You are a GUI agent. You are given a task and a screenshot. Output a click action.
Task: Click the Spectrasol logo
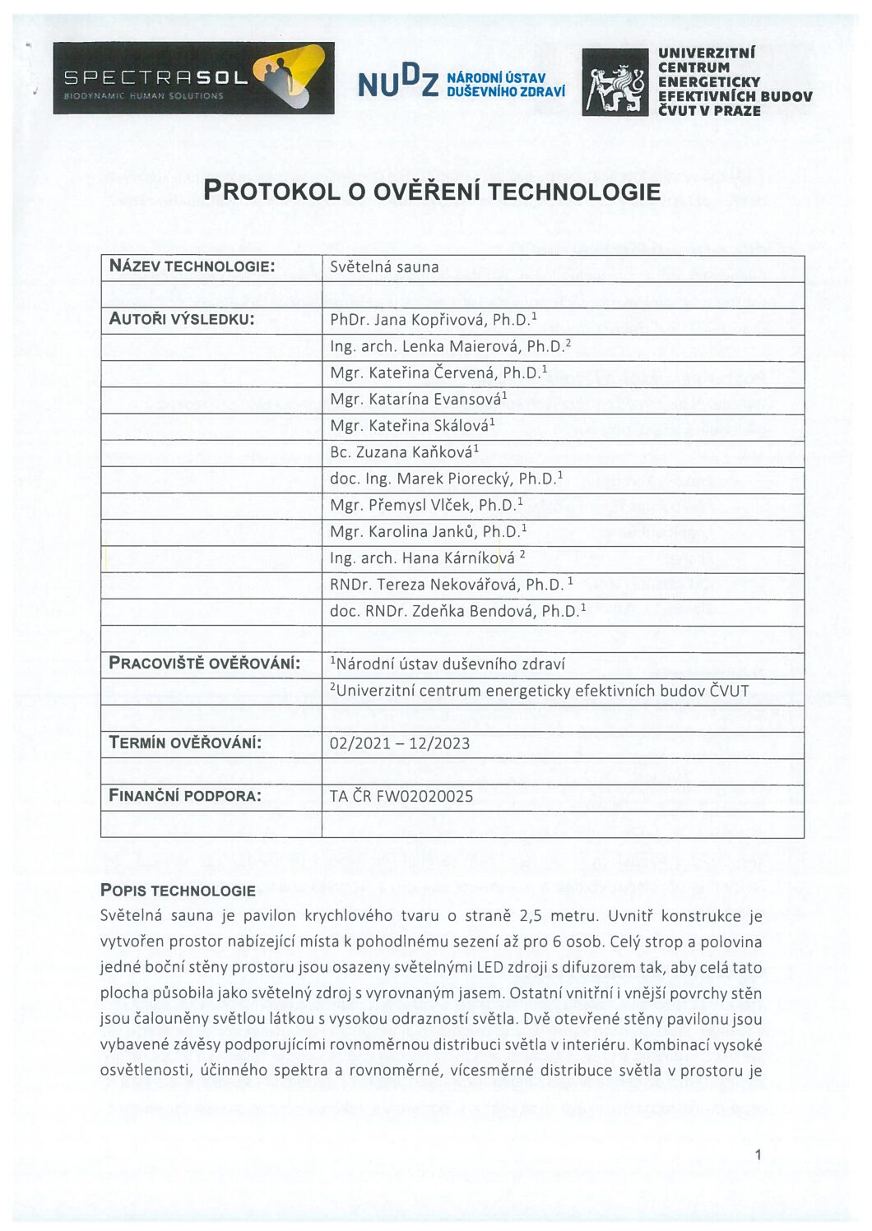193,78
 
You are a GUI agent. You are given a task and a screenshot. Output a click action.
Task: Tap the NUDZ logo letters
397,83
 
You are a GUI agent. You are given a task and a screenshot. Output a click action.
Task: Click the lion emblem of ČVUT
615,82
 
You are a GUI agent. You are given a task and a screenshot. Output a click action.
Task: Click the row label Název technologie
192,266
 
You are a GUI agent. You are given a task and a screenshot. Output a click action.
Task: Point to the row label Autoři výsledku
182,319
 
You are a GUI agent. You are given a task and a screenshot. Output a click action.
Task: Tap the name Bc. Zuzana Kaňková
403,451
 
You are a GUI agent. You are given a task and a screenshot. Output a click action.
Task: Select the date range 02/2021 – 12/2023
400,743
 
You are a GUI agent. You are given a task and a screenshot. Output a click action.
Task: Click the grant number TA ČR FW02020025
401,795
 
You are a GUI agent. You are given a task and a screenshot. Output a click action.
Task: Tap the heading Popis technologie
178,890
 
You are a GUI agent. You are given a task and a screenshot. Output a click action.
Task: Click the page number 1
758,1155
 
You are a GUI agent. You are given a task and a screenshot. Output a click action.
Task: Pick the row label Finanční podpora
185,795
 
